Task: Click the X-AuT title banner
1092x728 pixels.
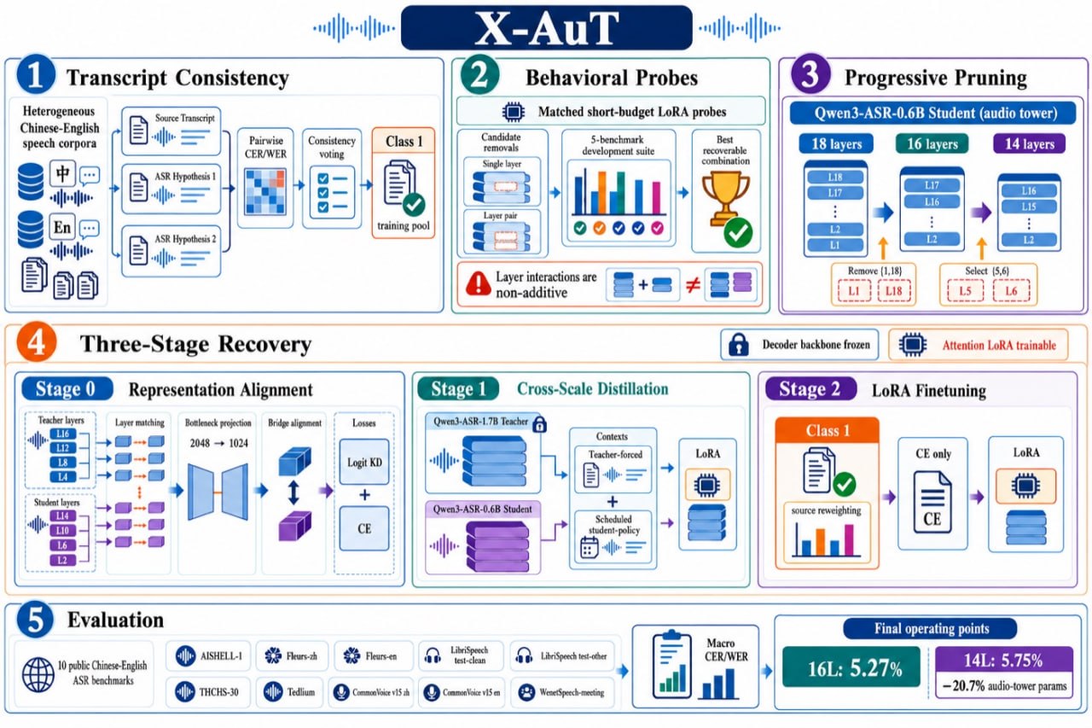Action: (x=546, y=28)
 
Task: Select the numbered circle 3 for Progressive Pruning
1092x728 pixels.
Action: (x=810, y=74)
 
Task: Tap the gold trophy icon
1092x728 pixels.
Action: (x=725, y=200)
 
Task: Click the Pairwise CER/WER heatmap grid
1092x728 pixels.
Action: (x=265, y=192)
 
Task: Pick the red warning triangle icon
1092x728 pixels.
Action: (x=479, y=285)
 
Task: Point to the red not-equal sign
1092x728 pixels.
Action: (x=693, y=285)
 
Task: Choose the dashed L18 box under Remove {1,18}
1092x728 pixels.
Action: (x=893, y=291)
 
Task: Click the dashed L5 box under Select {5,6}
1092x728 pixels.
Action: (x=965, y=291)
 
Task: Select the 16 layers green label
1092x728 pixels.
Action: (x=932, y=144)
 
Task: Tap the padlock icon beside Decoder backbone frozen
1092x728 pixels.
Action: (x=739, y=345)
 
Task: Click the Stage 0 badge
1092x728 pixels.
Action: (x=67, y=388)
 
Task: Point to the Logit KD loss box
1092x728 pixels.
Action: (x=364, y=462)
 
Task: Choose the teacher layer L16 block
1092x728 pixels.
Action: (x=63, y=434)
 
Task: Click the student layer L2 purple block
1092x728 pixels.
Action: (x=63, y=560)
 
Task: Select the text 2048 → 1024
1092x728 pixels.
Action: (x=219, y=443)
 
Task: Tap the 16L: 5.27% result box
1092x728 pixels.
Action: (x=851, y=667)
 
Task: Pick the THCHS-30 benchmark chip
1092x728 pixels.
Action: (x=207, y=692)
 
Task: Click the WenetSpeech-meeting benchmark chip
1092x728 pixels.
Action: (x=562, y=692)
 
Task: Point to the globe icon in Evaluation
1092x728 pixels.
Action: (x=38, y=674)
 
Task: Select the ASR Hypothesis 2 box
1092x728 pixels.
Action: (x=171, y=251)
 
